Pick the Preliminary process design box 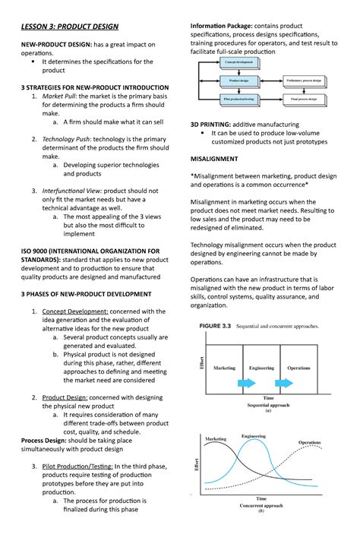[305, 80]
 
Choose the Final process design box [305, 99]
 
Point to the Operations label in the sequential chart [298, 368]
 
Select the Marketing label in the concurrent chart [216, 439]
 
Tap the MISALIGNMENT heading [213, 159]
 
